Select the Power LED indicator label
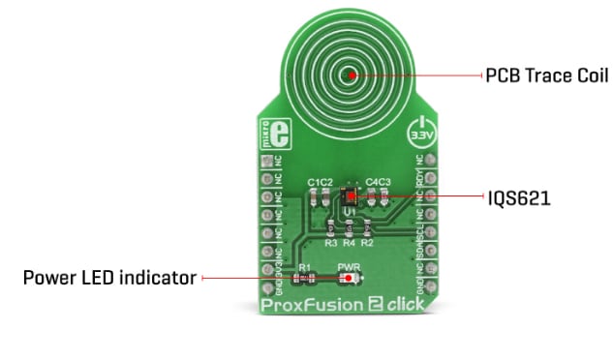(x=108, y=279)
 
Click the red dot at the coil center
(x=351, y=74)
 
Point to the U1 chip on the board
(x=351, y=195)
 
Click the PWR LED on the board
(x=349, y=279)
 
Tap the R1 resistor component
(x=305, y=279)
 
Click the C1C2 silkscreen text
(x=321, y=181)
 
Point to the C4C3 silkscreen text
(x=378, y=181)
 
